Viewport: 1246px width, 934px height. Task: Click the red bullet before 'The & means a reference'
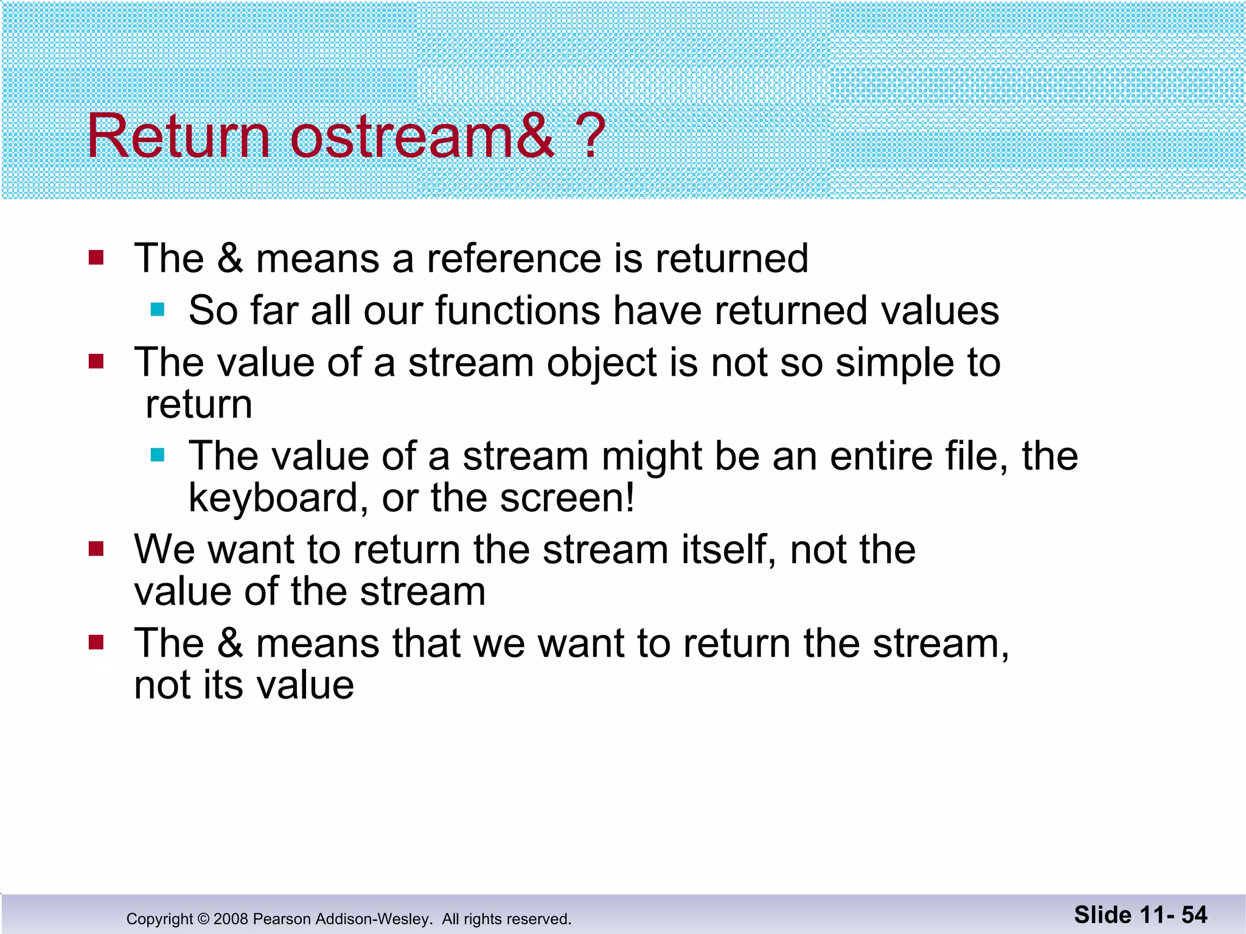96,258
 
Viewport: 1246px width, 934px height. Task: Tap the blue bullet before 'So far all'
158,310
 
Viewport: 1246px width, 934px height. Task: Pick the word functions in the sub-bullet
517,311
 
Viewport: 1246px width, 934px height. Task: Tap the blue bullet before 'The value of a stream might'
158,455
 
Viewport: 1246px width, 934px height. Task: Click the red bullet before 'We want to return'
96,549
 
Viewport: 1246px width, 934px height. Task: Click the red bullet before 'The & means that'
96,643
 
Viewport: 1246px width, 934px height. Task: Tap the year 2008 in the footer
231,919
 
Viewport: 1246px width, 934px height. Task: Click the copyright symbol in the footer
203,919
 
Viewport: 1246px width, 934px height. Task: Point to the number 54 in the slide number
1194,915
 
